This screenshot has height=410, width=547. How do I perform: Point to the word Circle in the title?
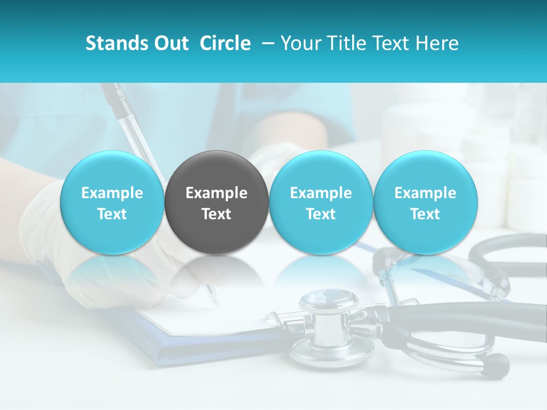click(x=225, y=43)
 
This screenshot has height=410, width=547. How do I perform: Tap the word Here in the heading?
click(x=437, y=43)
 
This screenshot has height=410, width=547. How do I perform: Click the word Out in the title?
click(x=170, y=43)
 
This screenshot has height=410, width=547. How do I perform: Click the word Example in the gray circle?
click(x=217, y=193)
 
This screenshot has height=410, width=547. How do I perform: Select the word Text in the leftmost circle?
click(x=112, y=214)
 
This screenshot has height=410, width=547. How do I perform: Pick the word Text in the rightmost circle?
click(x=425, y=214)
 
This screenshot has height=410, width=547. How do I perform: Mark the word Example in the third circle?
click(x=321, y=193)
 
